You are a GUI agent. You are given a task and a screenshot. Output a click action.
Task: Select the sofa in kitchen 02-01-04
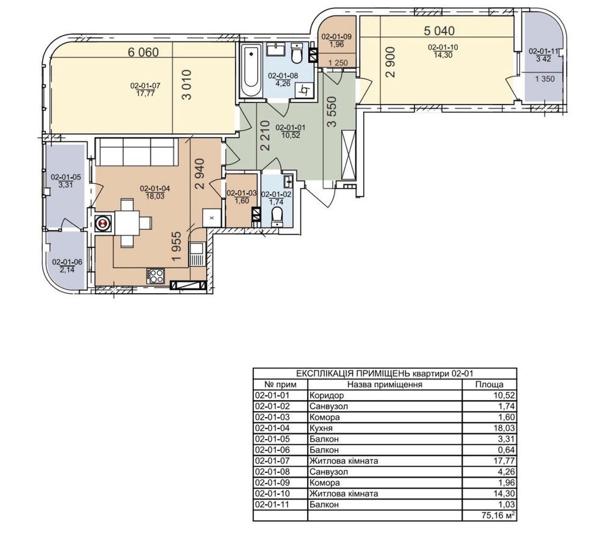pos(137,152)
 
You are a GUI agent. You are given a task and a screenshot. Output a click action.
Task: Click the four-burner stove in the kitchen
pos(156,276)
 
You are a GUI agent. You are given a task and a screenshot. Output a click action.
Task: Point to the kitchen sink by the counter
pos(195,254)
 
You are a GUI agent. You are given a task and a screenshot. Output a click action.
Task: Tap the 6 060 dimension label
pos(143,52)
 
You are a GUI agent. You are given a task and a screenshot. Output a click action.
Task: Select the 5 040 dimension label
pos(439,31)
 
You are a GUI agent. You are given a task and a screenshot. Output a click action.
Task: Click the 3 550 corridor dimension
pos(332,112)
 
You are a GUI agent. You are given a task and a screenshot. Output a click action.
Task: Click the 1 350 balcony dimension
pos(545,79)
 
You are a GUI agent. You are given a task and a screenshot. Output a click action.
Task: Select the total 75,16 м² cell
pos(489,516)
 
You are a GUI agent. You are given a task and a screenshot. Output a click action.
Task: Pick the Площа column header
pos(489,384)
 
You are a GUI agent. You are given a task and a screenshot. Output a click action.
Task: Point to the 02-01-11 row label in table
pos(271,504)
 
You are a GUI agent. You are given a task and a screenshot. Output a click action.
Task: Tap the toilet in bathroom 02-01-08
pos(296,54)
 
